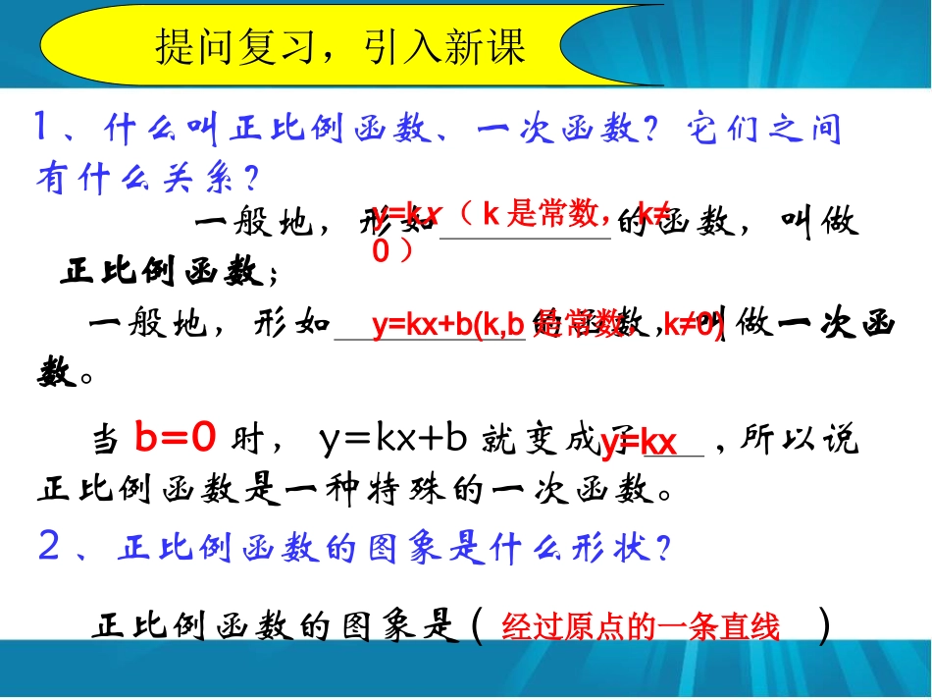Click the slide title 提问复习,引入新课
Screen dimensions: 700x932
tap(340, 46)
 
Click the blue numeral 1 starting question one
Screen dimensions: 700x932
tap(42, 129)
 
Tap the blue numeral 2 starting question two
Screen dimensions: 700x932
tap(49, 548)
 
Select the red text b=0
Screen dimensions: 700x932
tap(174, 440)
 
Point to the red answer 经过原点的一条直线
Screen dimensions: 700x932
tap(640, 627)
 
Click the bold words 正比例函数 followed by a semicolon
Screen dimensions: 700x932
tap(161, 272)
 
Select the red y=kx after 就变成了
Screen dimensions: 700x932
tap(639, 444)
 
